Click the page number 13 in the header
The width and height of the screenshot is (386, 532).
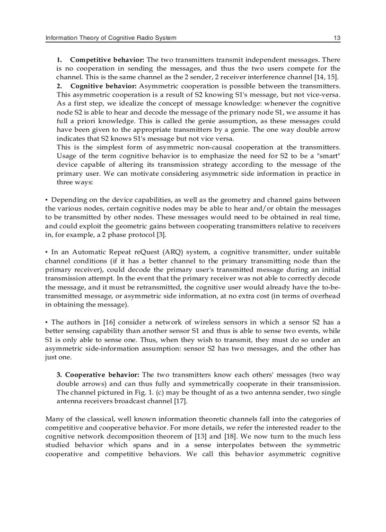coord(337,38)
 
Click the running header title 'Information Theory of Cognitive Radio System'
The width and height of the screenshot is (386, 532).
coord(110,38)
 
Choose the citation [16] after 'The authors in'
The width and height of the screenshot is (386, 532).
coord(103,322)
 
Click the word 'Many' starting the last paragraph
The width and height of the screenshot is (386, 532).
coord(53,419)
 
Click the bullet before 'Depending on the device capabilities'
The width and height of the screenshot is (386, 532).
coord(46,199)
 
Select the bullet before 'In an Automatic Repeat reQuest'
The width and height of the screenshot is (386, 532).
coord(46,252)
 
